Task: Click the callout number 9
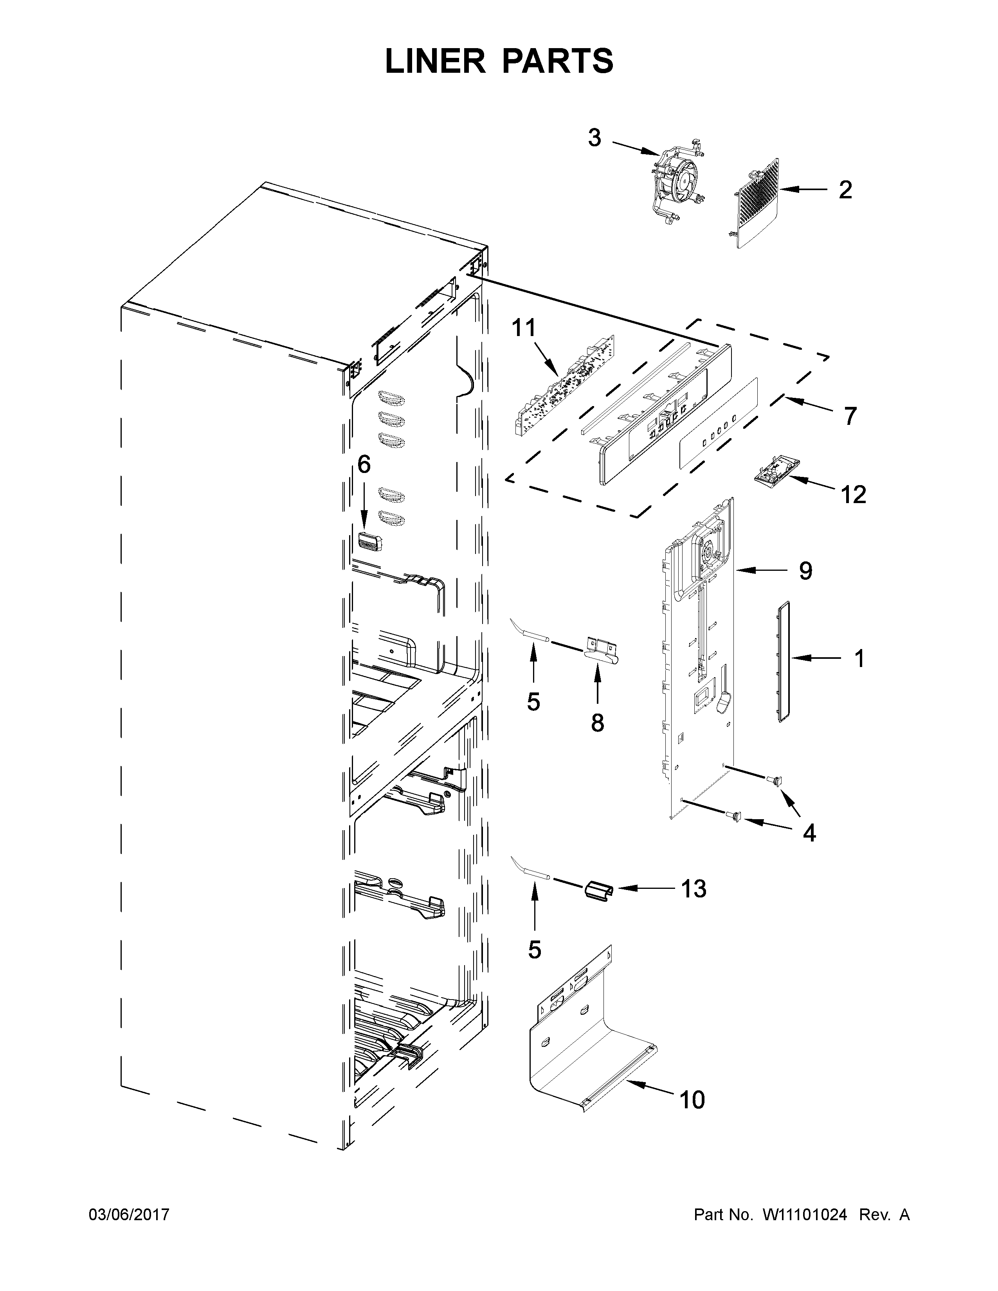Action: coord(805,571)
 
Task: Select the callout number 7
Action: coord(850,416)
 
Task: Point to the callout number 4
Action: coord(809,833)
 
